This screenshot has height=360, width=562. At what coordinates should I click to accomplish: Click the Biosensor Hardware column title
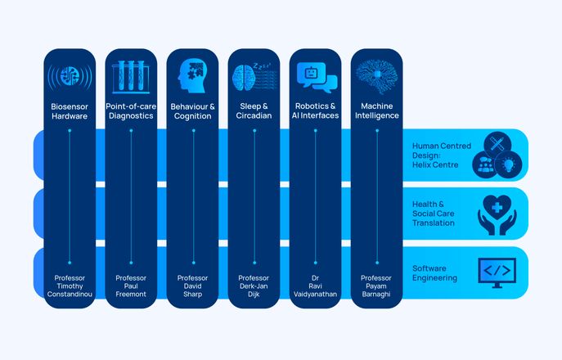click(70, 110)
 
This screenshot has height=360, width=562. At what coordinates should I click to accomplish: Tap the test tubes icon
click(131, 76)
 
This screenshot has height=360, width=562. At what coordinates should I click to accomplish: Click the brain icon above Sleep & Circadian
click(253, 76)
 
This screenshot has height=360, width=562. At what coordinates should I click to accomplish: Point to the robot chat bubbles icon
click(316, 77)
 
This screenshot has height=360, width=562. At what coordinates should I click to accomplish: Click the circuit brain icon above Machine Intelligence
click(376, 76)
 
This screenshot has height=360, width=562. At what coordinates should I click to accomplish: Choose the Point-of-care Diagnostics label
click(131, 110)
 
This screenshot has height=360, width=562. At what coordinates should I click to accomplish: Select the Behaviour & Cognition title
click(193, 110)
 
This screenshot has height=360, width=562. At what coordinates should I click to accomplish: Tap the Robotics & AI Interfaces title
click(316, 110)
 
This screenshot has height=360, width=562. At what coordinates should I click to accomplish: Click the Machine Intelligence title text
click(376, 110)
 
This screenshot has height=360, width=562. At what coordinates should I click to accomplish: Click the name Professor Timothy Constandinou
click(70, 286)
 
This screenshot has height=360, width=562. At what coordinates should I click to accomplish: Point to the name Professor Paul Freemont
click(131, 286)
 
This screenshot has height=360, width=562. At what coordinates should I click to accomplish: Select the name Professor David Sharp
click(193, 286)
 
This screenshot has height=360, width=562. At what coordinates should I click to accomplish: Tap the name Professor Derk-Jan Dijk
click(254, 286)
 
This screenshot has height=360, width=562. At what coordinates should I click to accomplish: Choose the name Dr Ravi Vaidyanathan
click(316, 286)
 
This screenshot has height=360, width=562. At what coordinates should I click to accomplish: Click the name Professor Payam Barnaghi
click(376, 286)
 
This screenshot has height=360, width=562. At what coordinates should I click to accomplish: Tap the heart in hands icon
click(497, 214)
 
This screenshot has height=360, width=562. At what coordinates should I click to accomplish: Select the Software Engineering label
click(435, 272)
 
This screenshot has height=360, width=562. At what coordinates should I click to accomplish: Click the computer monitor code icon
click(497, 272)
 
